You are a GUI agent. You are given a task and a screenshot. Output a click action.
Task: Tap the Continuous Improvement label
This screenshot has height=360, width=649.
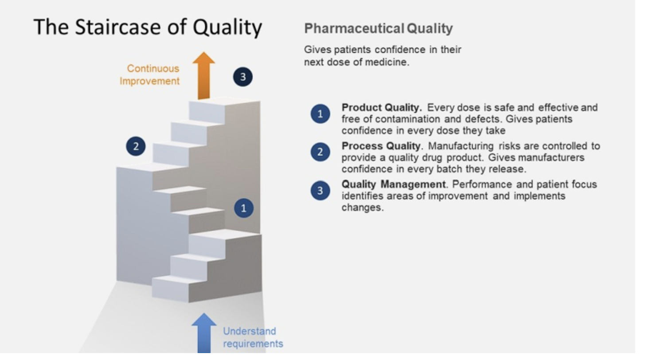(x=150, y=75)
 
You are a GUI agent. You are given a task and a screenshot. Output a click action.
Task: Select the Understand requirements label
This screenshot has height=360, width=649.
(x=253, y=337)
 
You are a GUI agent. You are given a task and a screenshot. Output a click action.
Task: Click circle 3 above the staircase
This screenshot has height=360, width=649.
(x=242, y=77)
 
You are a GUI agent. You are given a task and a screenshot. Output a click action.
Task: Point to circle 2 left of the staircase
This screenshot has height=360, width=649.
(x=136, y=146)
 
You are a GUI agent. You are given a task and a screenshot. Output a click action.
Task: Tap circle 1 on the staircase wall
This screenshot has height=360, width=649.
(x=243, y=207)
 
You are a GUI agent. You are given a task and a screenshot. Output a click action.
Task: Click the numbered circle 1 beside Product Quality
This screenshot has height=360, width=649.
(x=321, y=114)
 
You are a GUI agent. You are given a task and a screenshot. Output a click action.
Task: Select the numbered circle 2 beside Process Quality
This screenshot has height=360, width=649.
(x=321, y=152)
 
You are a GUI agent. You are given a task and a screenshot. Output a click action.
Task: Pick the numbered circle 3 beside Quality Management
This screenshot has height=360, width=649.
(x=321, y=191)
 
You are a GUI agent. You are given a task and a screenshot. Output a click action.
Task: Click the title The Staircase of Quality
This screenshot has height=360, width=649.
(x=148, y=27)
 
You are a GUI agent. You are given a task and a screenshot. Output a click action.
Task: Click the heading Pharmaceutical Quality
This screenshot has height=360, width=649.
(x=379, y=29)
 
